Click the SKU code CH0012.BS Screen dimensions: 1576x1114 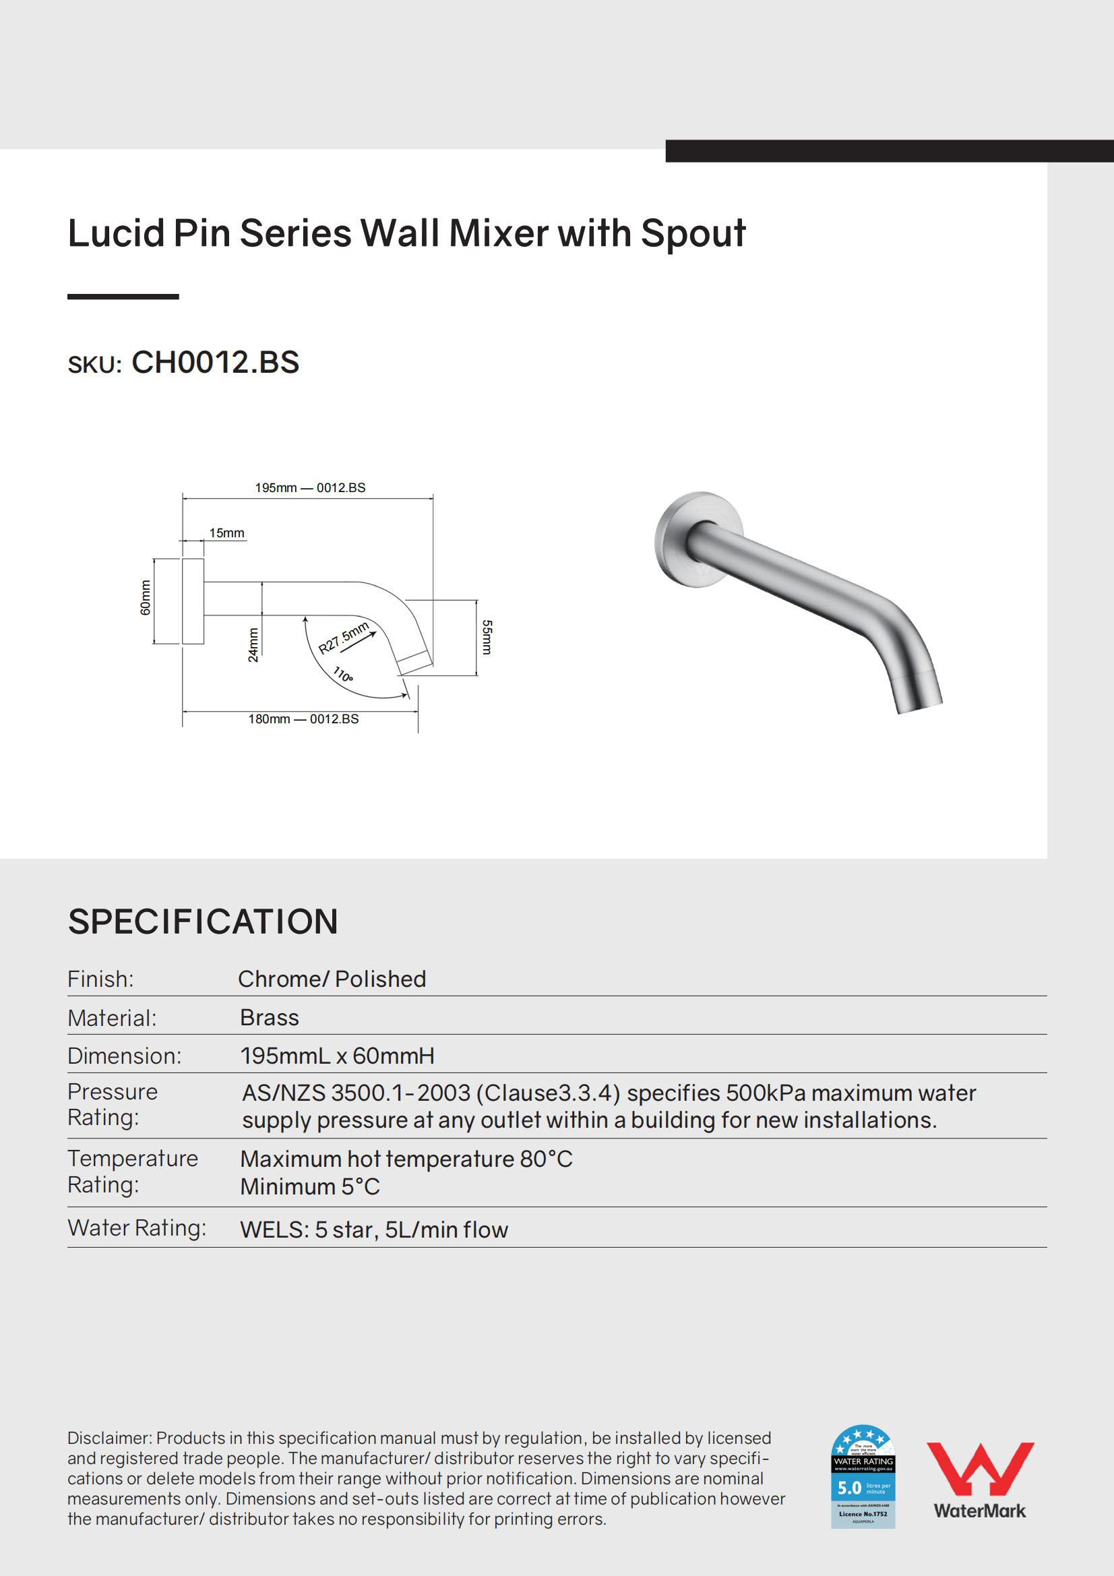(x=215, y=363)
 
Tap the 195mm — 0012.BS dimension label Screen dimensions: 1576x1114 (x=310, y=488)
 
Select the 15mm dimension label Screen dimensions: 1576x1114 (x=226, y=533)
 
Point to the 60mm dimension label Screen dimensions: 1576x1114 (x=146, y=598)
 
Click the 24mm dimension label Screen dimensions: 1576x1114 (x=253, y=644)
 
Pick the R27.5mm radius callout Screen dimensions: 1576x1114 (x=344, y=638)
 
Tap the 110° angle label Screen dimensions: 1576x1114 (x=343, y=674)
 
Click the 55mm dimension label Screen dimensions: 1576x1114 (x=487, y=637)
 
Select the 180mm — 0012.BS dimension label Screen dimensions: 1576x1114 (x=303, y=719)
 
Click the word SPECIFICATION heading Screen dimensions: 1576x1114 (x=203, y=921)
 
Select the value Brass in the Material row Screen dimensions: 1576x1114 (x=270, y=1017)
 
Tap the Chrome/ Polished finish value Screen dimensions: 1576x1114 (x=332, y=979)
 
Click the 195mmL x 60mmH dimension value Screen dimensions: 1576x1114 (x=337, y=1056)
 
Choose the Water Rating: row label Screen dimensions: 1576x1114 (x=137, y=1228)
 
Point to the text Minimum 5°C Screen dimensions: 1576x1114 (x=310, y=1187)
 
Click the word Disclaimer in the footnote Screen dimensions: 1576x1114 (x=109, y=1438)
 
